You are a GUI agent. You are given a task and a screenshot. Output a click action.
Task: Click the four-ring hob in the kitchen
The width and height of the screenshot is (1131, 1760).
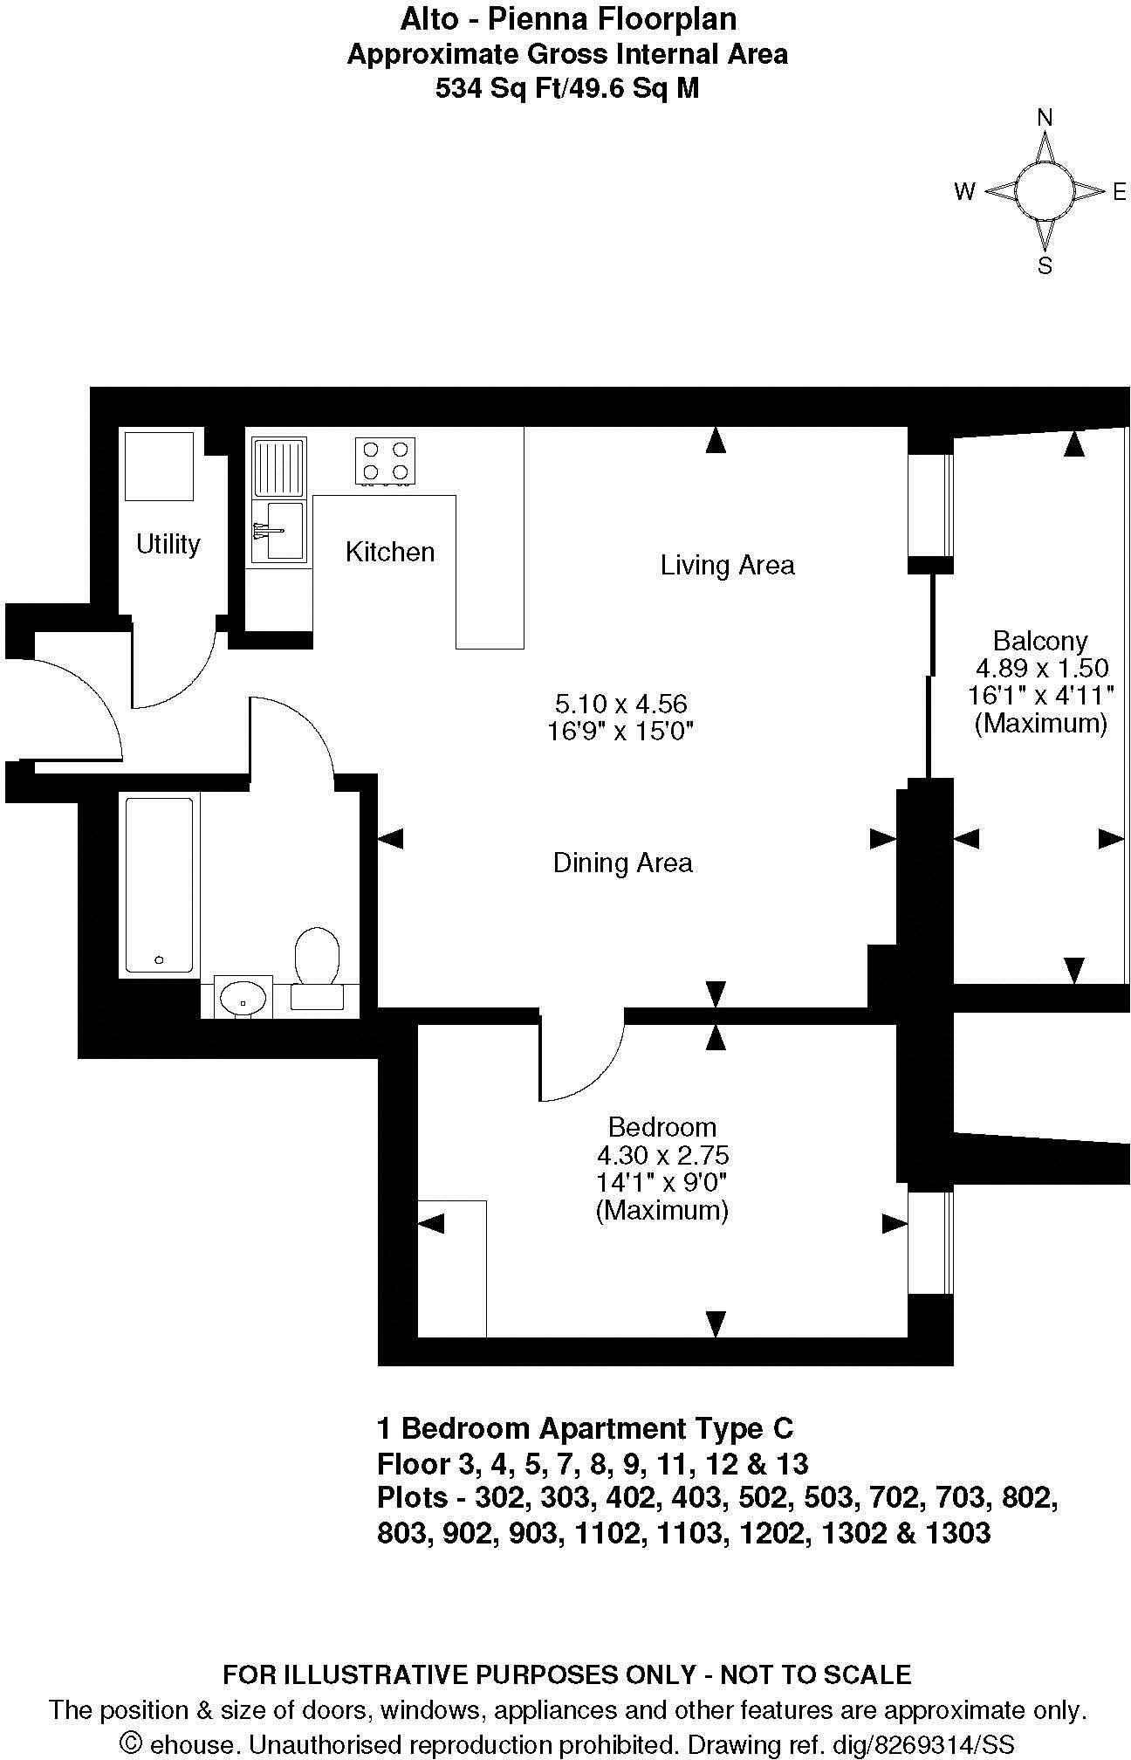(385, 461)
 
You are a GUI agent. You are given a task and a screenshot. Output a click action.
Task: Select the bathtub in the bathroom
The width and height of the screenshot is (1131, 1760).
(159, 884)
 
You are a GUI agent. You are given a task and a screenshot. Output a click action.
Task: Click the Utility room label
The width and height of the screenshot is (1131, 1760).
(168, 545)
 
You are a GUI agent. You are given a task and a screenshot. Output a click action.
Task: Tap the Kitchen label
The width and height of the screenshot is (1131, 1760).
(390, 552)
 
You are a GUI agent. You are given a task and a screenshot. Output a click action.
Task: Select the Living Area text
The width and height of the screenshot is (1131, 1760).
(727, 565)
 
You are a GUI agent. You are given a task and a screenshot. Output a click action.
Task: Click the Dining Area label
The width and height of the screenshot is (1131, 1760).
(622, 863)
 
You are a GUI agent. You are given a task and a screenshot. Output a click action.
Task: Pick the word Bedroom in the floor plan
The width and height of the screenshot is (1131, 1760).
(661, 1127)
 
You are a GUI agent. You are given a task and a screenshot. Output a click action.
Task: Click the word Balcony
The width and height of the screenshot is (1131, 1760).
(1040, 641)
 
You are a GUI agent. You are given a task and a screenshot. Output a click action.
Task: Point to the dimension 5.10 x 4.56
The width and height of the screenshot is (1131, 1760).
(620, 703)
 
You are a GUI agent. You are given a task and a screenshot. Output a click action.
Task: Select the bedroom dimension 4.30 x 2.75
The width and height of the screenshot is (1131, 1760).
(662, 1155)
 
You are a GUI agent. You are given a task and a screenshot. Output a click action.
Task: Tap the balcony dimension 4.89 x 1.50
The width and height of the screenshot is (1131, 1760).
(1041, 669)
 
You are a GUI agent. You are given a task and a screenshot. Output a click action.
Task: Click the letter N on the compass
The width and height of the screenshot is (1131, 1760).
(1045, 117)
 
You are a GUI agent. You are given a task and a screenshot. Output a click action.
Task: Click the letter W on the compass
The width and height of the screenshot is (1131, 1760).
(964, 192)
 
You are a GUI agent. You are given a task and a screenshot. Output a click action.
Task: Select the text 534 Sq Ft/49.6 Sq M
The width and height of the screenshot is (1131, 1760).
(567, 89)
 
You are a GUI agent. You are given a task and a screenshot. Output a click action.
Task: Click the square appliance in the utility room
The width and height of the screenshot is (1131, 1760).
(159, 465)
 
